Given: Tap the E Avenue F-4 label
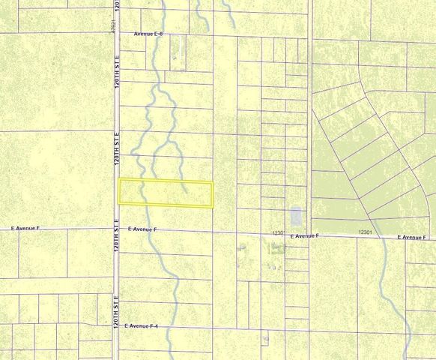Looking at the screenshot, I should (x=147, y=326).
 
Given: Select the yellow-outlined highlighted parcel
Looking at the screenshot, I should (x=166, y=193).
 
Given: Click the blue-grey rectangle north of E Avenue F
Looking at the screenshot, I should (x=295, y=216).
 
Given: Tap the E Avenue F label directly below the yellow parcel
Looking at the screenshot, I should (x=142, y=229).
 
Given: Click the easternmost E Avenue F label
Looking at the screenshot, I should (x=411, y=238).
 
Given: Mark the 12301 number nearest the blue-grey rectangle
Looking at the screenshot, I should (x=279, y=233).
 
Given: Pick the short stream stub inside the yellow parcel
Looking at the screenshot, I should (x=181, y=197).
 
